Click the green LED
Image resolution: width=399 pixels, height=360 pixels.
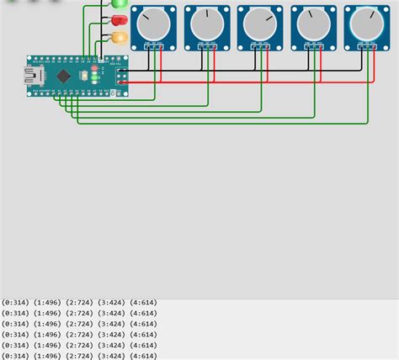click(x=120, y=3)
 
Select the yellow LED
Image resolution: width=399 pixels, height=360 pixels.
click(x=120, y=37)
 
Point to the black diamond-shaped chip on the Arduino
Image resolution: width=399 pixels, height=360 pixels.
click(x=64, y=76)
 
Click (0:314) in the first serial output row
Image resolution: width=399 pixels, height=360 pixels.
click(x=15, y=302)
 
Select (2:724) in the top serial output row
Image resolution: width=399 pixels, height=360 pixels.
click(x=81, y=302)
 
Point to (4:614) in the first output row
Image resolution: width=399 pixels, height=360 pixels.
click(x=143, y=302)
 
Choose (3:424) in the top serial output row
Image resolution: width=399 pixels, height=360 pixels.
click(x=112, y=302)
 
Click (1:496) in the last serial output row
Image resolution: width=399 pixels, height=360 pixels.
click(x=49, y=356)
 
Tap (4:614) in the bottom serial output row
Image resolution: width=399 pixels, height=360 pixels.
click(x=143, y=356)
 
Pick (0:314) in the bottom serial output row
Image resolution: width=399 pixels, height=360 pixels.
click(x=15, y=356)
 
